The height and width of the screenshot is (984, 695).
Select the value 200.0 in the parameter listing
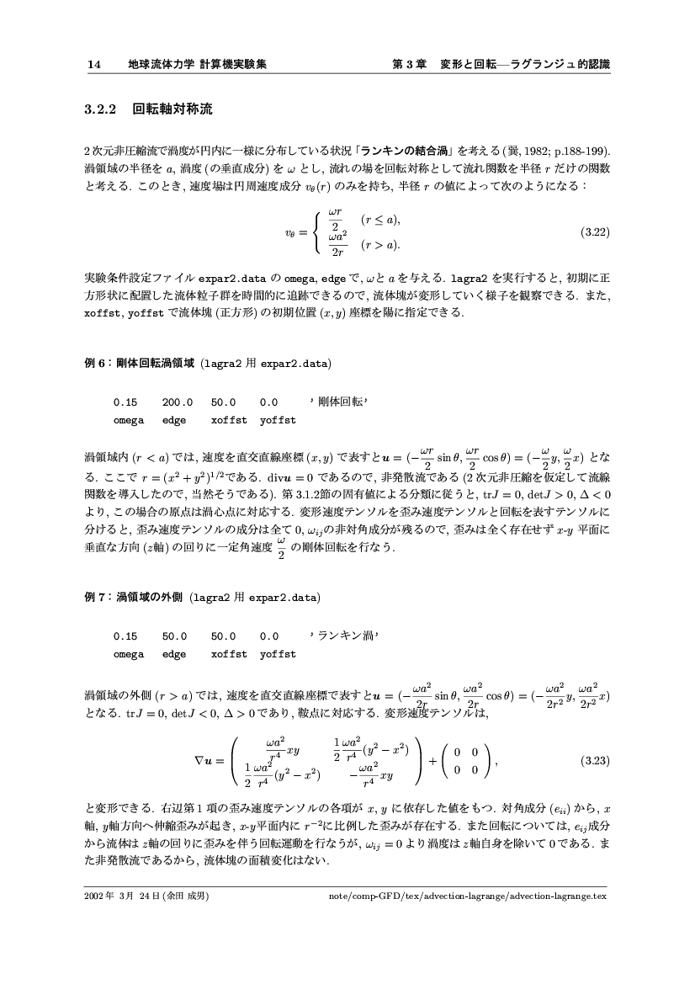(x=178, y=402)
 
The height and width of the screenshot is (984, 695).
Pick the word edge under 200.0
(x=174, y=419)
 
